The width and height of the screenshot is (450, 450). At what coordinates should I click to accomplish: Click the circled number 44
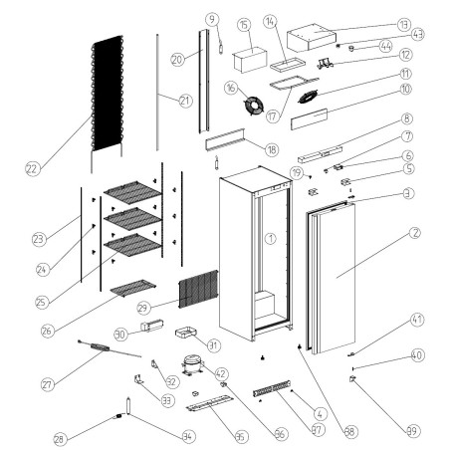click(385, 46)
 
